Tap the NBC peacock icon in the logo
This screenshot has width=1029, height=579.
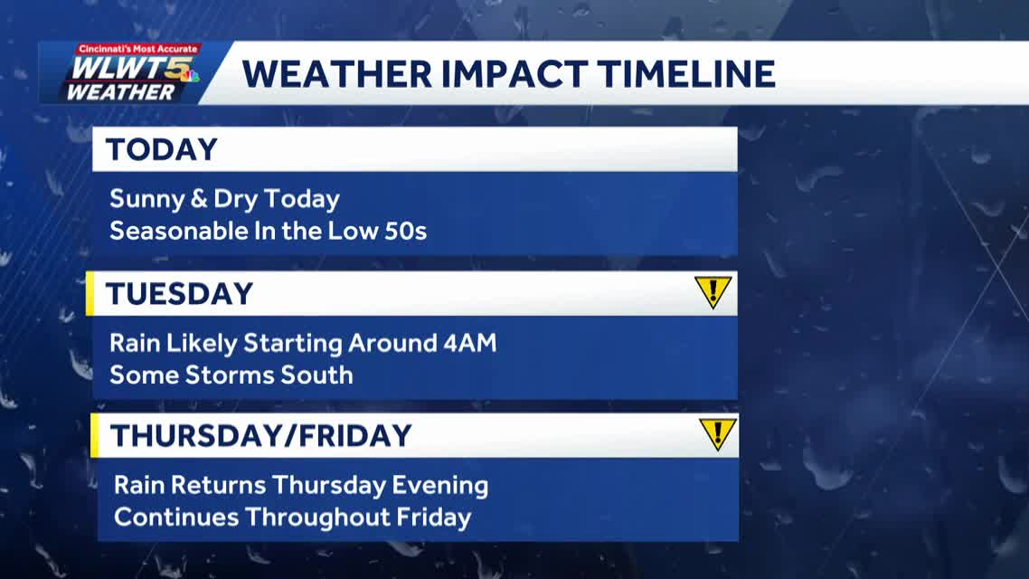pyautogui.click(x=189, y=74)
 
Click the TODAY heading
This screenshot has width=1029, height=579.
pyautogui.click(x=162, y=149)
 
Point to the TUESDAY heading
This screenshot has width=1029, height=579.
pyautogui.click(x=179, y=294)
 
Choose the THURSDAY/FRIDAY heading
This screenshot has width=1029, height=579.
pyautogui.click(x=260, y=436)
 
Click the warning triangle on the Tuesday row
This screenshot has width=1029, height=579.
pyautogui.click(x=713, y=292)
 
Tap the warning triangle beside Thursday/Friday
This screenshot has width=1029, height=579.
pyautogui.click(x=717, y=434)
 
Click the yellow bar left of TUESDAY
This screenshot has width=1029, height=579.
pyautogui.click(x=90, y=294)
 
